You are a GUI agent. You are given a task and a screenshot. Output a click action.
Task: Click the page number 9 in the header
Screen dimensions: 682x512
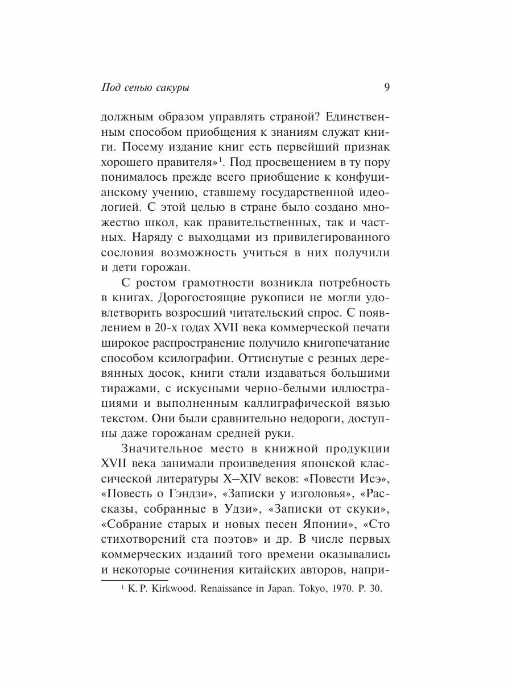[386, 88]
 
